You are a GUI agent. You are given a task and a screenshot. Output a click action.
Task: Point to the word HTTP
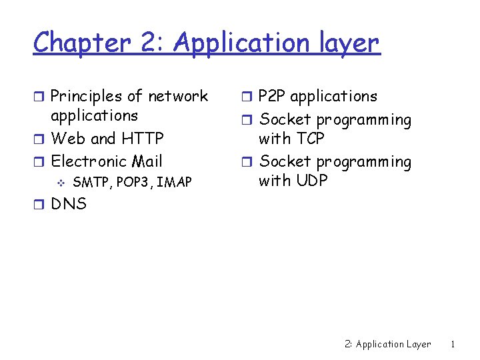142,139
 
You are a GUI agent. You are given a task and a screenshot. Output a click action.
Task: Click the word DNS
69,204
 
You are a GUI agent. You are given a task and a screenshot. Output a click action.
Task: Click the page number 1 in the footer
453,345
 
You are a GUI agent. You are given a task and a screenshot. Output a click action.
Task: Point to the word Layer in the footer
419,345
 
